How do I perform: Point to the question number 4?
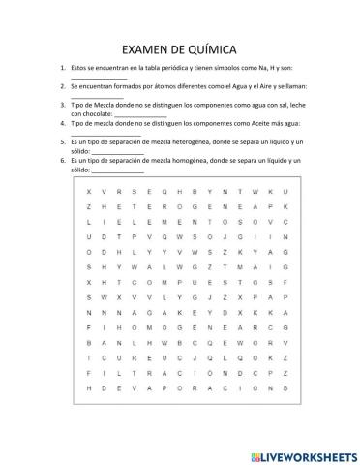pos(62,124)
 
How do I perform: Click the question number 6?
pos(62,157)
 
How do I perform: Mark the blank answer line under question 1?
pos(105,78)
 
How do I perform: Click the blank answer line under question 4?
pos(105,133)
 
